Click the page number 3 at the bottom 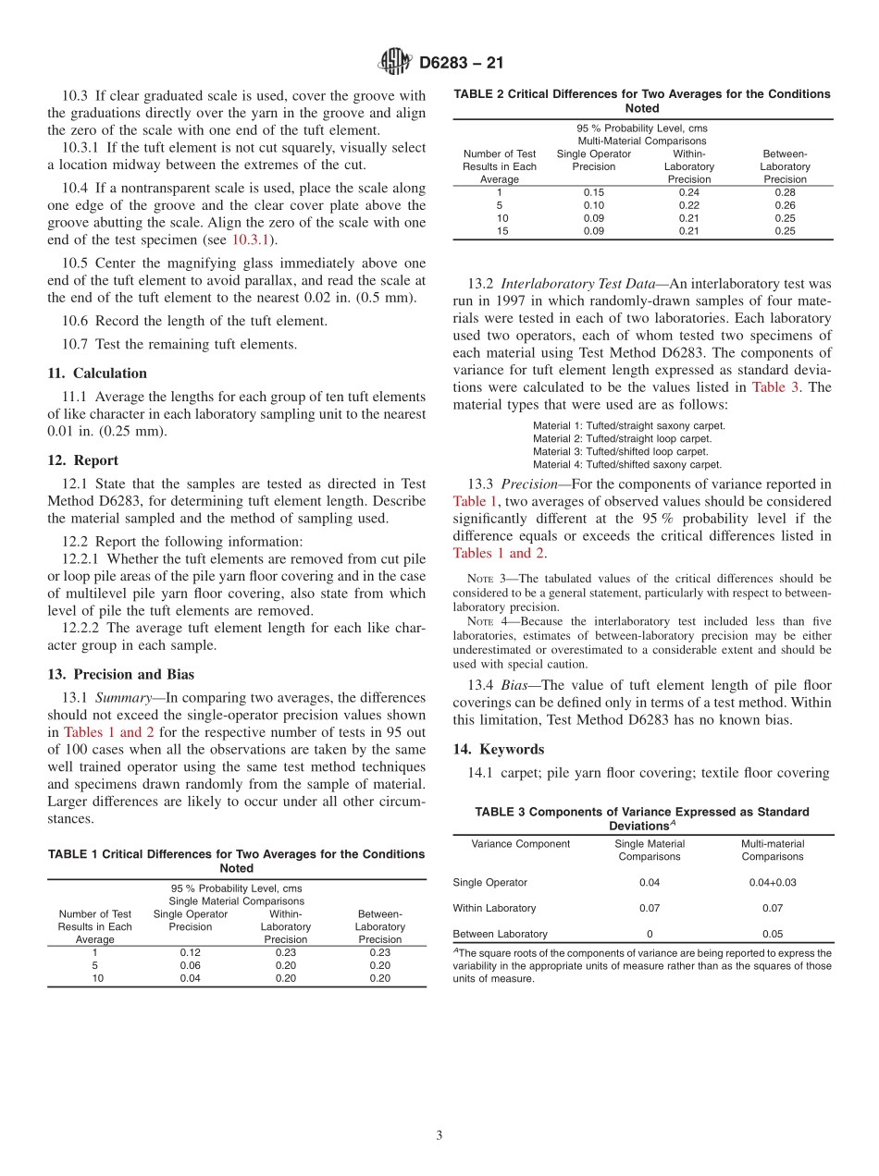pyautogui.click(x=439, y=1135)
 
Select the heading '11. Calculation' pyautogui.click(x=97, y=374)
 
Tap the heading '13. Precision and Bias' pyautogui.click(x=121, y=674)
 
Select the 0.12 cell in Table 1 pyautogui.click(x=190, y=952)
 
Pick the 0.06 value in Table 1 pyautogui.click(x=190, y=965)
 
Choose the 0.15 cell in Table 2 pyautogui.click(x=593, y=192)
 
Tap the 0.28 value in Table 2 pyautogui.click(x=785, y=192)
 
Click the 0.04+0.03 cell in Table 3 pyautogui.click(x=772, y=882)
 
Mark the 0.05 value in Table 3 pyautogui.click(x=772, y=934)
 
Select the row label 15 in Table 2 pyautogui.click(x=500, y=231)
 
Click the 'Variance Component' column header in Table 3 pyautogui.click(x=520, y=843)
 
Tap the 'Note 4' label pyautogui.click(x=487, y=620)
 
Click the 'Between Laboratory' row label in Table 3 pyautogui.click(x=500, y=934)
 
